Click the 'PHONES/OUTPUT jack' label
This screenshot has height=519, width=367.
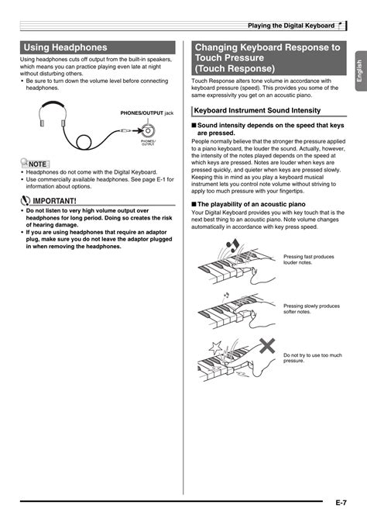146,112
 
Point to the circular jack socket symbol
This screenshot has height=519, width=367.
147,133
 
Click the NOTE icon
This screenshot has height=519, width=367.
36,164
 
